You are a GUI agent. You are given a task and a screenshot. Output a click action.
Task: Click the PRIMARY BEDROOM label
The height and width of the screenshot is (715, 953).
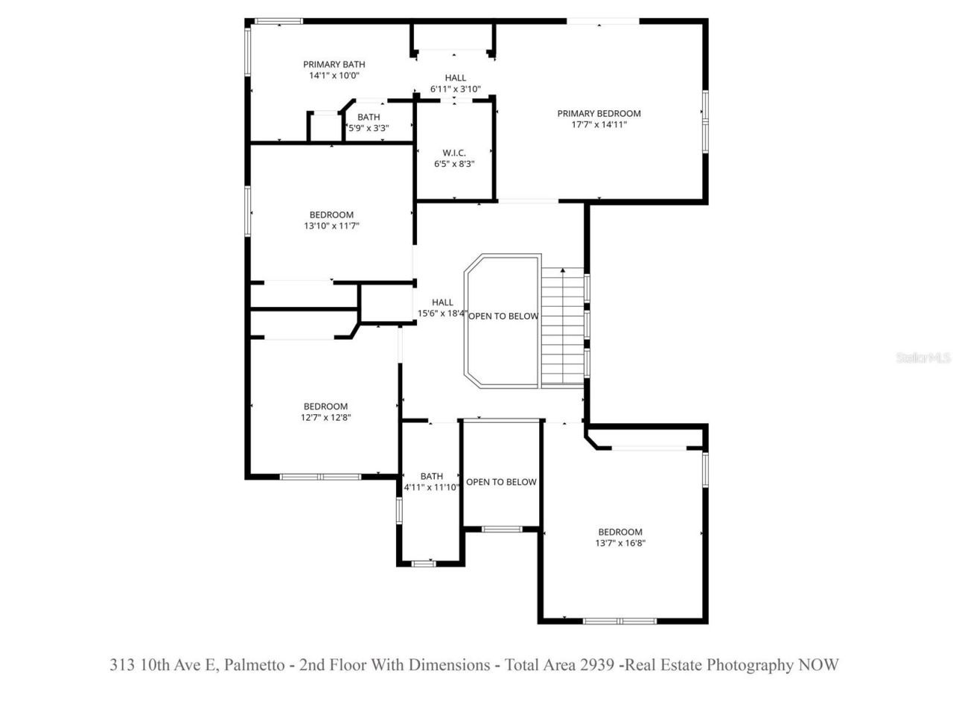(599, 113)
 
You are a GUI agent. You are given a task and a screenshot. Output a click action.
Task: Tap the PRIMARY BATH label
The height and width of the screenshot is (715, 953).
(334, 65)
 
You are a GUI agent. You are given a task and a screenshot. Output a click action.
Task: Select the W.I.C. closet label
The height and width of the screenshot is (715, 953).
(454, 153)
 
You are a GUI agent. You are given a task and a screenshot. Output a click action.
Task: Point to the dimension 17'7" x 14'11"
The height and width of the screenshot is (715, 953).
(599, 125)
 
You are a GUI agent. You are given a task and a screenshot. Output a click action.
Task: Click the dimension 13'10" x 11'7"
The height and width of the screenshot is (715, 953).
(331, 226)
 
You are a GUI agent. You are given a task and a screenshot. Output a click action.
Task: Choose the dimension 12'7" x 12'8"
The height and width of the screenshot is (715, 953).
(325, 418)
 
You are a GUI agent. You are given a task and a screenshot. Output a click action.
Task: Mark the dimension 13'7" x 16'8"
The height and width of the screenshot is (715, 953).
(619, 543)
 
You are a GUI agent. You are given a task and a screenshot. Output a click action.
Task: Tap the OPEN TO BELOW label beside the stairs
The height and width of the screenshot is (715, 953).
(503, 316)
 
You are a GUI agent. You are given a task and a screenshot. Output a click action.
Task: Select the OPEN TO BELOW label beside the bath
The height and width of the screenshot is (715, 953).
(501, 482)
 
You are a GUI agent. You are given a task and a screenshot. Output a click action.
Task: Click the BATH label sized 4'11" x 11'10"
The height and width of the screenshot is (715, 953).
(431, 476)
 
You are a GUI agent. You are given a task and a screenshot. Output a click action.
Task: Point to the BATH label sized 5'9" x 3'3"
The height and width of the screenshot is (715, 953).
(369, 117)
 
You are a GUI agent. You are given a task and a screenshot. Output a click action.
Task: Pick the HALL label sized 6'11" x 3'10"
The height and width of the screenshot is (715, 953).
(456, 77)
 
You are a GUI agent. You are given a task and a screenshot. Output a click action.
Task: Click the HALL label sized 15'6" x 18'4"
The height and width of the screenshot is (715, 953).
(442, 302)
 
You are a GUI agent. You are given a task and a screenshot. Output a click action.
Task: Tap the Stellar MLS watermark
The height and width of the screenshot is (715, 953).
(923, 357)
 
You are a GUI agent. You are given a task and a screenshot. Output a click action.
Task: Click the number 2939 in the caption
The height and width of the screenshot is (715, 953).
(598, 664)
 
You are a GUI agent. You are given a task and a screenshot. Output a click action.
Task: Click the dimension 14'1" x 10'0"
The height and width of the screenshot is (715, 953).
(334, 76)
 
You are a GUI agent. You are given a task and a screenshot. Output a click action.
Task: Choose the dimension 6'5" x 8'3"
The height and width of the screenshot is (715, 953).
(454, 164)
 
